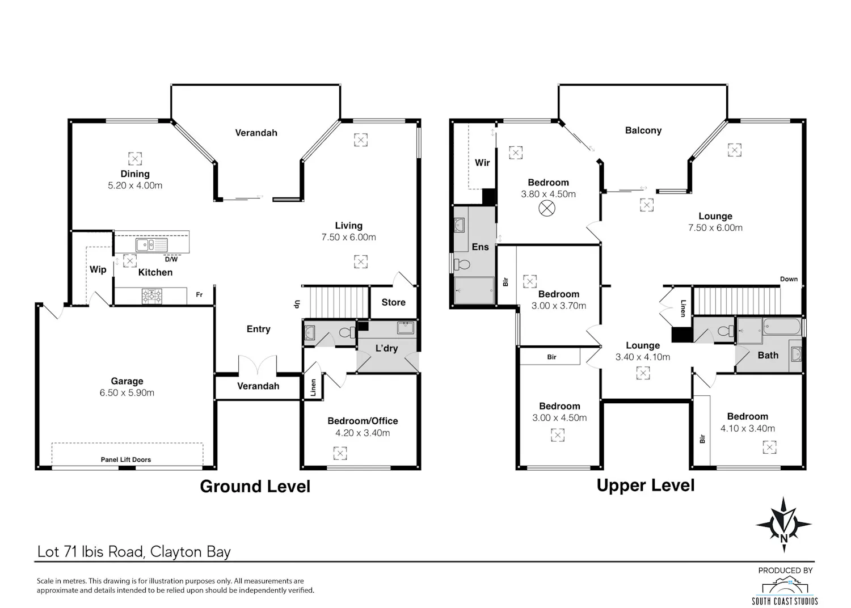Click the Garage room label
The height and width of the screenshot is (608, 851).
127,381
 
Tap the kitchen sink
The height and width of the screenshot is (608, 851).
151,245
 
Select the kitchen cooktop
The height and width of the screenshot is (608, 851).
152,296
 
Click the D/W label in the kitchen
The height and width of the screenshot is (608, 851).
171,259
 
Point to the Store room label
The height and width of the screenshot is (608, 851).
393,302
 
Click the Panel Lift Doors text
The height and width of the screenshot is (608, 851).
126,459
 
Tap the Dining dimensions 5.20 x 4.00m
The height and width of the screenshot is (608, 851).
135,185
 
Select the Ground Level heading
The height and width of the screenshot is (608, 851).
255,487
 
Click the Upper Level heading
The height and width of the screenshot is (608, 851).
646,485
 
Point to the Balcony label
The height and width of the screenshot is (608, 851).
643,130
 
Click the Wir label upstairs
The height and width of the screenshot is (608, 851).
482,163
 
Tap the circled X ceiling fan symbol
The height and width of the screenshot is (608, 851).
547,208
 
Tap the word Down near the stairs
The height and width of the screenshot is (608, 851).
789,279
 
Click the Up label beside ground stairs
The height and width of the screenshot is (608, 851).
297,304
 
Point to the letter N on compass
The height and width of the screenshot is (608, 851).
783,538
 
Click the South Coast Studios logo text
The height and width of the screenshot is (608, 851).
785,601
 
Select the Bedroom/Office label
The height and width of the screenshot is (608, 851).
363,421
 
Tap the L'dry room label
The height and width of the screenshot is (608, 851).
386,348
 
